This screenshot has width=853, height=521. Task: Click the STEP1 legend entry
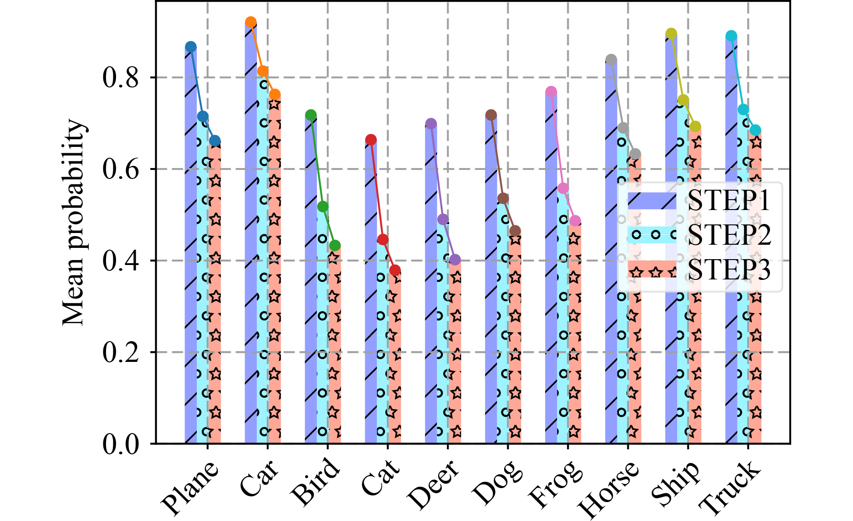pos(728,201)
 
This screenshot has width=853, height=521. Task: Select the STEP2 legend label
pos(728,235)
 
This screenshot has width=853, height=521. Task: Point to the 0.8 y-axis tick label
pos(120,78)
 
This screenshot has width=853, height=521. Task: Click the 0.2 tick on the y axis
pos(120,352)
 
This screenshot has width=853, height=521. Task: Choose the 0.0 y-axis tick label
pos(120,444)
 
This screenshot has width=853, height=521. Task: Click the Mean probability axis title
pos(74,222)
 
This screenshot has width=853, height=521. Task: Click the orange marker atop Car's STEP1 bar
pos(251,22)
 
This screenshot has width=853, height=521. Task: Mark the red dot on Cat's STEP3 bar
pos(395,270)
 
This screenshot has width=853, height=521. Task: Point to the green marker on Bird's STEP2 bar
pos(323,206)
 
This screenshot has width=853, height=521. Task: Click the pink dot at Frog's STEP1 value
pos(551,92)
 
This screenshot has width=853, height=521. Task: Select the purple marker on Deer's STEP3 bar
pos(455,260)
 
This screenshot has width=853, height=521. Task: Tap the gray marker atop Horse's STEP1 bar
pos(612,60)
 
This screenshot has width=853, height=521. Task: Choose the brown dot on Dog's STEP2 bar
pos(503,198)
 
